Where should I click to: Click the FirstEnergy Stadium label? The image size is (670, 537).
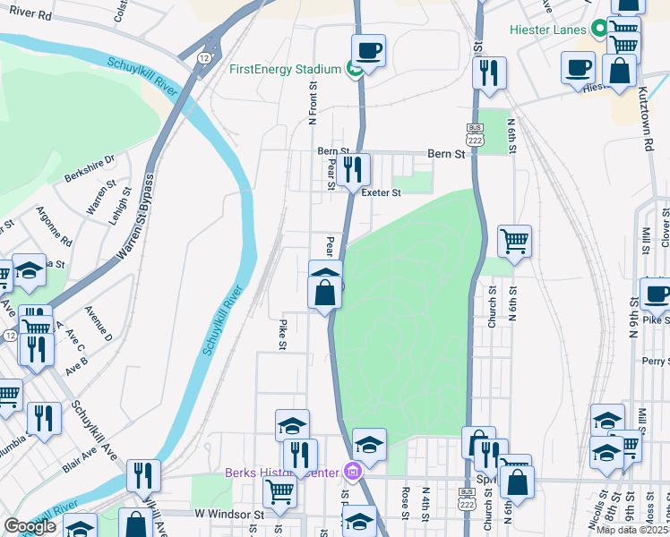285,69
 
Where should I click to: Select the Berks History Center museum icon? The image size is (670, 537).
354,471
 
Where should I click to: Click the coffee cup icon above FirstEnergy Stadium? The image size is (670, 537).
368,49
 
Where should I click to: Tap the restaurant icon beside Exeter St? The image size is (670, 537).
354,166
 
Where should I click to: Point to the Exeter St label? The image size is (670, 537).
380,192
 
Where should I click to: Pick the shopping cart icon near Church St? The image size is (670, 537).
514,239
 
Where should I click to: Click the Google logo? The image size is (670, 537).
30,526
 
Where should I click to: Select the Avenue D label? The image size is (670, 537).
98,322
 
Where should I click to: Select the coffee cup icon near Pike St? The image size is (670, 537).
657,293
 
